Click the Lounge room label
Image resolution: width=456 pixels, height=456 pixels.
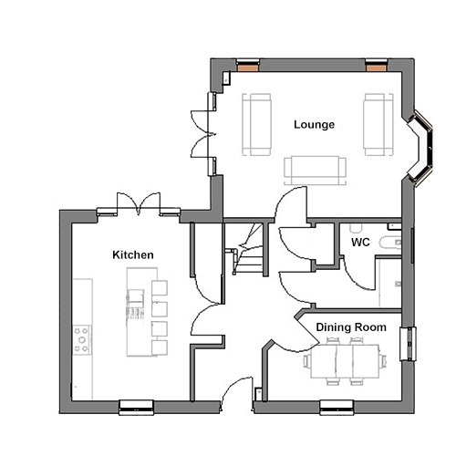point(314,125)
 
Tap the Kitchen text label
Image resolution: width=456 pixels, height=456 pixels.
point(133,254)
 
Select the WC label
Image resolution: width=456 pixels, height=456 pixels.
point(360,243)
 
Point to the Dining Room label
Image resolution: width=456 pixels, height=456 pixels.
point(351,327)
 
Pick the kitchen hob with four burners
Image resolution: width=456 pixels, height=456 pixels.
point(82,340)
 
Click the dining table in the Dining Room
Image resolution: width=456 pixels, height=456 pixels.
point(345,361)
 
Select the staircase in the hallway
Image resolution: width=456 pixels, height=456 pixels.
point(248,249)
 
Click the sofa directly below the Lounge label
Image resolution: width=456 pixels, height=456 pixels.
point(315,171)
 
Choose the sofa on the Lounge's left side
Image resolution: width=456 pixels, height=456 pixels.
point(256,125)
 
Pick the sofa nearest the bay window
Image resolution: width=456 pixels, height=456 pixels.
point(378,125)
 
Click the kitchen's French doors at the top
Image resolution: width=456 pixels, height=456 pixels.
point(139,203)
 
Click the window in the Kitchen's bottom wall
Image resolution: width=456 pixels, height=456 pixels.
point(136,407)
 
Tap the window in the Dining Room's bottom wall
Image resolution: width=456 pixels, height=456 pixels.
point(337,407)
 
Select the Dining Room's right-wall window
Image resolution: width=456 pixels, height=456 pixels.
point(408,344)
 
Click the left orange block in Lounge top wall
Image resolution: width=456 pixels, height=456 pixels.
point(248,67)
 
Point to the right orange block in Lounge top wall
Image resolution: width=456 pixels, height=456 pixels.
point(377,67)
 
